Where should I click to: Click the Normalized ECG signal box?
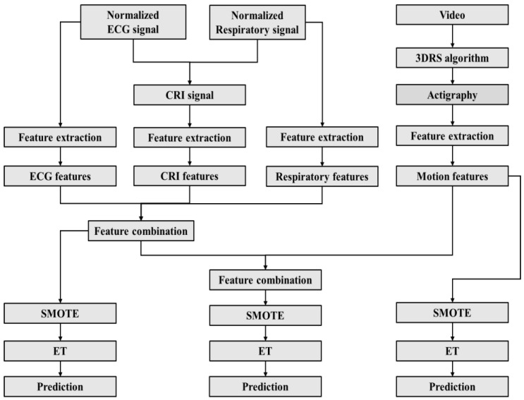(x=133, y=22)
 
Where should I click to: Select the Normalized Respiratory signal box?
(x=257, y=23)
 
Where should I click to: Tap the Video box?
(x=452, y=15)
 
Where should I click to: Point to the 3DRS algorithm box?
(x=452, y=58)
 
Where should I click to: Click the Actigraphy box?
(x=452, y=95)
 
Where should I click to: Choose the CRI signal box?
(x=190, y=95)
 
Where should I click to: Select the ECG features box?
(x=60, y=176)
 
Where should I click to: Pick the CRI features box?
(x=190, y=176)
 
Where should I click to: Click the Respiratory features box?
(x=322, y=176)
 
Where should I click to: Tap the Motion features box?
(x=452, y=176)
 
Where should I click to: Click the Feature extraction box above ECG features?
(x=60, y=137)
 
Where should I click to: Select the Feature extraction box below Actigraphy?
(x=452, y=135)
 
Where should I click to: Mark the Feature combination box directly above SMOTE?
(x=265, y=280)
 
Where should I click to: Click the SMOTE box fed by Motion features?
(x=452, y=313)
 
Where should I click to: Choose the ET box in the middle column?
(x=265, y=351)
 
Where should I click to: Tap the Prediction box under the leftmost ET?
(x=60, y=387)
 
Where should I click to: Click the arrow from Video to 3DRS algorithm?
(x=453, y=36)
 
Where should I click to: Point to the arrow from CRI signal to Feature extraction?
(x=190, y=116)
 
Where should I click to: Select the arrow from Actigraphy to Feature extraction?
(x=453, y=115)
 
